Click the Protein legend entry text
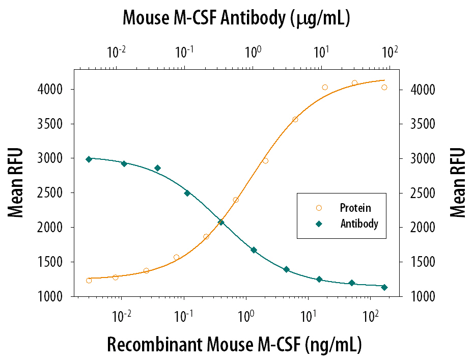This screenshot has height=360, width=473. point(355,208)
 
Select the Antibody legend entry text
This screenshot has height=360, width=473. point(359,223)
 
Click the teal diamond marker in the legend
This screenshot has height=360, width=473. point(319,224)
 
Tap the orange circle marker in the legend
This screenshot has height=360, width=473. point(319,208)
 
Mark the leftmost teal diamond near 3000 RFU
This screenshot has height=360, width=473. point(89,159)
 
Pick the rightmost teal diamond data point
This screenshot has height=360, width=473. point(384,287)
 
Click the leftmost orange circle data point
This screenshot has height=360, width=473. point(89,281)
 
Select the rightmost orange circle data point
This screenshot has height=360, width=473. point(384,87)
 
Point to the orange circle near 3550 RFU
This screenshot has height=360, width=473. point(295,120)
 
